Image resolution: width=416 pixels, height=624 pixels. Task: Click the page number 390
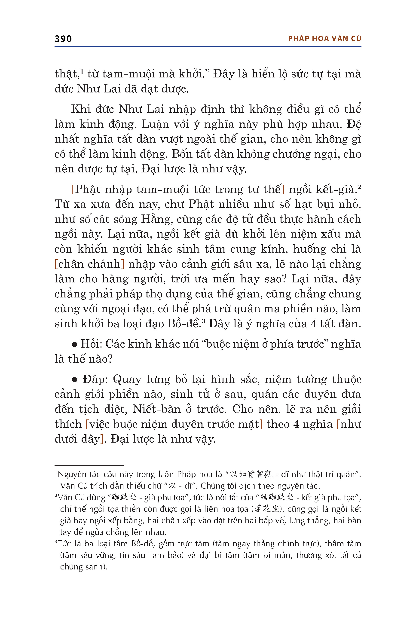click(63, 39)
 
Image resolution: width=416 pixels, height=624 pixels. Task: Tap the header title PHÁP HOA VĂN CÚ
click(324, 39)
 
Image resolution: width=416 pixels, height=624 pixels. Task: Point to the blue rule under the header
click(208, 47)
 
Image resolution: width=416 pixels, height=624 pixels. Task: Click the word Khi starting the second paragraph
click(81, 109)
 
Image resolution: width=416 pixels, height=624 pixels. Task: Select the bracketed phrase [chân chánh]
click(89, 264)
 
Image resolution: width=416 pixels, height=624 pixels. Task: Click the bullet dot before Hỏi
click(75, 344)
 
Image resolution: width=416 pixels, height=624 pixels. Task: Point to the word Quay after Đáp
click(127, 380)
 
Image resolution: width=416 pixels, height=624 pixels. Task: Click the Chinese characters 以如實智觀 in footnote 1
click(251, 474)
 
